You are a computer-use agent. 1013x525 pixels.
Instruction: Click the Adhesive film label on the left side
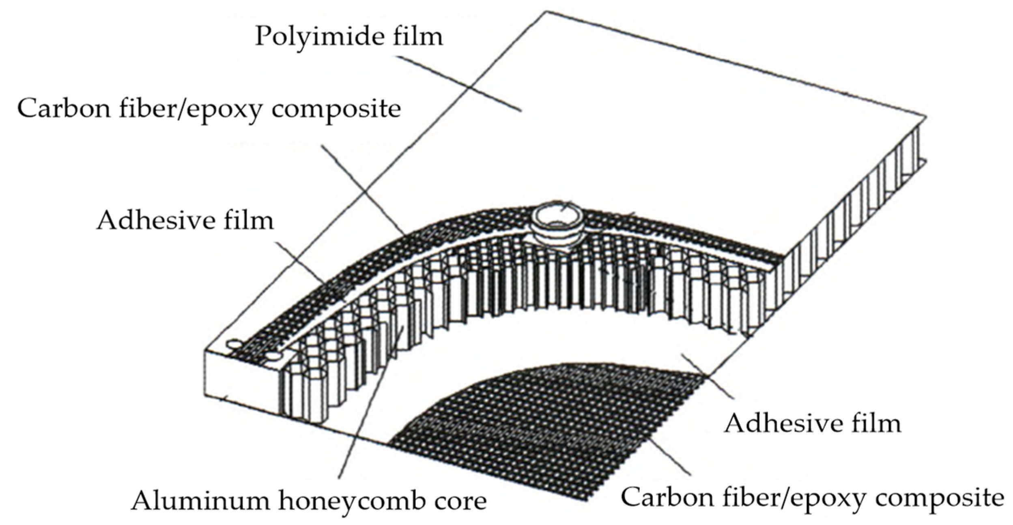click(x=185, y=221)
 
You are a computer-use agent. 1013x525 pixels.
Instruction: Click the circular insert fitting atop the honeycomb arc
click(x=556, y=225)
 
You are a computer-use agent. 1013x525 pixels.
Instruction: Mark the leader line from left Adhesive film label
click(x=308, y=272)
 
